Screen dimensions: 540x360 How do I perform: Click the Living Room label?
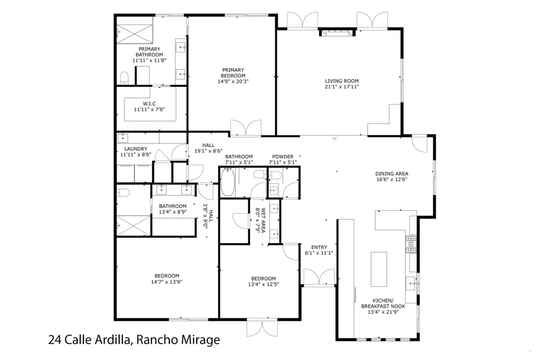pyautogui.click(x=342, y=81)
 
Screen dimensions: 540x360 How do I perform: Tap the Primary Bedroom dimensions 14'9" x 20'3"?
pyautogui.click(x=233, y=82)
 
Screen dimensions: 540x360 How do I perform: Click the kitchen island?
pyautogui.click(x=379, y=269)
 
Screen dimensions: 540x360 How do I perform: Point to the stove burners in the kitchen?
pyautogui.click(x=411, y=244)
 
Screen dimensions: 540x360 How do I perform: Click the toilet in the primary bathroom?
pyautogui.click(x=124, y=78)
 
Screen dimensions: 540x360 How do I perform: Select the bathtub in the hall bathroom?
pyautogui.click(x=227, y=182)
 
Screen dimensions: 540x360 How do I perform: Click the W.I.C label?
pyautogui.click(x=149, y=104)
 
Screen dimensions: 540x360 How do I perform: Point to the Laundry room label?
pyautogui.click(x=136, y=149)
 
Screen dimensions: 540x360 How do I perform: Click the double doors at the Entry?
pyautogui.click(x=319, y=277)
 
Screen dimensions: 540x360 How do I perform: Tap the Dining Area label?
pyautogui.click(x=392, y=174)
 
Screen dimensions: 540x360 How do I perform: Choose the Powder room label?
pyautogui.click(x=283, y=157)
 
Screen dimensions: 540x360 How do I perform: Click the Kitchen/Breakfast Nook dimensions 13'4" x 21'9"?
pyautogui.click(x=383, y=312)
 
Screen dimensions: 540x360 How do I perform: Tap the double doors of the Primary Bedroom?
pyautogui.click(x=246, y=128)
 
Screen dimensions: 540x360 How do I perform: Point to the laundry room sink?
pyautogui.click(x=122, y=138)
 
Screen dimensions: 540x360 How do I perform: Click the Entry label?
pyautogui.click(x=319, y=247)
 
